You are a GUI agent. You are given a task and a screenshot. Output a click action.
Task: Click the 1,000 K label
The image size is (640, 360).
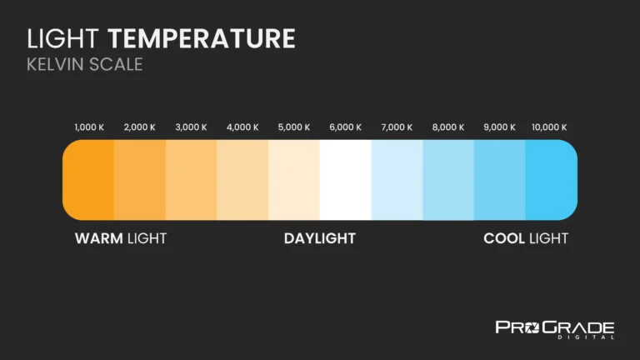[x=89, y=127]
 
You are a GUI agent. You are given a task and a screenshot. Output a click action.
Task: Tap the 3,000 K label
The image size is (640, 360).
[x=191, y=127]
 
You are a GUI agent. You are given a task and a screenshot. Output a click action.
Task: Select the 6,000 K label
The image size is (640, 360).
[x=346, y=127]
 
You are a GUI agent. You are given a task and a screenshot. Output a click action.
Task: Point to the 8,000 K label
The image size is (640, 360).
[x=448, y=127]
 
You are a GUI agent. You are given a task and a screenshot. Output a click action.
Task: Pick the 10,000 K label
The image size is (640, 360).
[x=549, y=127]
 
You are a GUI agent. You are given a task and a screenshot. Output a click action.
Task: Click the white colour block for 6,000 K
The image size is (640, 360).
[x=345, y=179]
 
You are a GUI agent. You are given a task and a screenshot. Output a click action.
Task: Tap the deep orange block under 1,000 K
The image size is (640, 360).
[x=88, y=179]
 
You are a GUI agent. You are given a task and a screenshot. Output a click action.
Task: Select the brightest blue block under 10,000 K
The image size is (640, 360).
[x=551, y=179]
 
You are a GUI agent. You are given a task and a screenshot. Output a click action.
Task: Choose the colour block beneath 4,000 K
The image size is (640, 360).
[x=242, y=179]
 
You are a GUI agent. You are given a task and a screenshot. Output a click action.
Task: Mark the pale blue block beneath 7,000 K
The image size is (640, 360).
[x=397, y=179]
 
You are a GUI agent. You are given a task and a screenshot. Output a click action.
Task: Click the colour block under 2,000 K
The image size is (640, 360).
[x=139, y=179]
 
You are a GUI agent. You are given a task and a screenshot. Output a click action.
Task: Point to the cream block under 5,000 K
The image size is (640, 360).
[x=294, y=179]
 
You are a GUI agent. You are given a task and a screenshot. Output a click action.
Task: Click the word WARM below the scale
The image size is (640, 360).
[x=99, y=238]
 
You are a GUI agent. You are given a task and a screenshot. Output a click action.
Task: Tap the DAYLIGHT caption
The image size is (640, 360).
[x=320, y=238]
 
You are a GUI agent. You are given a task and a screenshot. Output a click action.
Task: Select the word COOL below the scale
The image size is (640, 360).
[x=504, y=238]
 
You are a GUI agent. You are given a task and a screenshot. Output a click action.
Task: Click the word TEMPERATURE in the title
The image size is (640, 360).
[x=202, y=38]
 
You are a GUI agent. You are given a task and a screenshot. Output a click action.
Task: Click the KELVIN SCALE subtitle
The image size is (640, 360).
[x=85, y=64]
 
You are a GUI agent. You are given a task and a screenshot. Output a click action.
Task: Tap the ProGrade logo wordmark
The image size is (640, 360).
[x=555, y=326]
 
